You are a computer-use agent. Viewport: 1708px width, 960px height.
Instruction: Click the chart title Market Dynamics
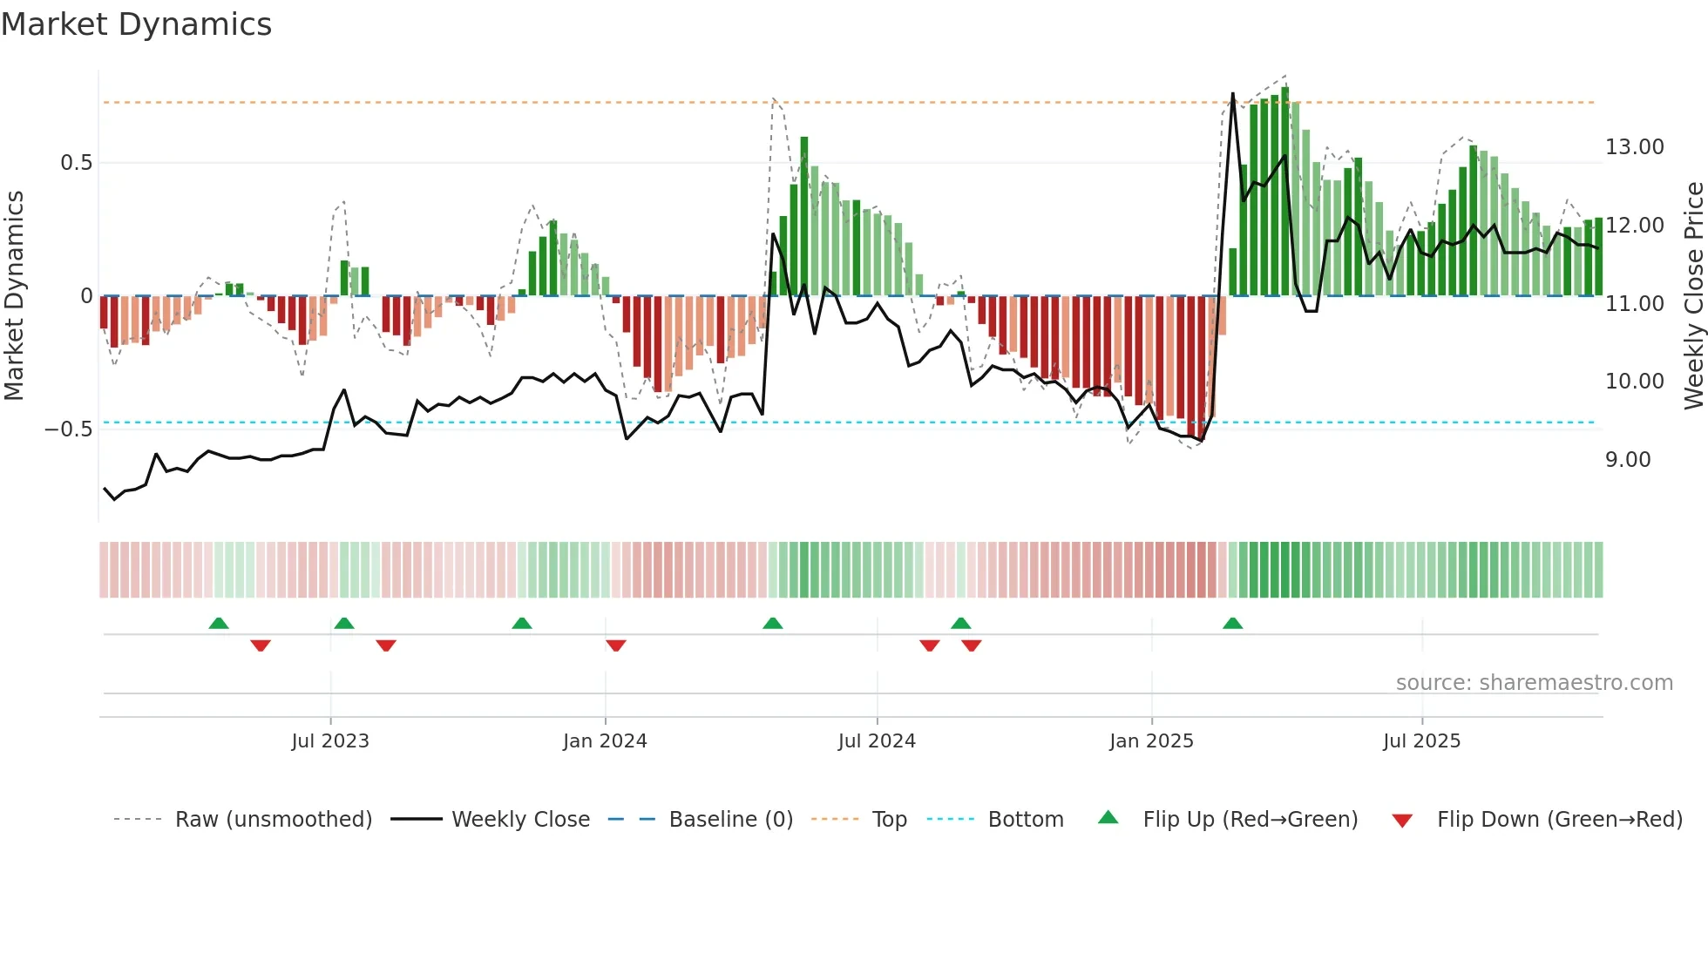(x=136, y=24)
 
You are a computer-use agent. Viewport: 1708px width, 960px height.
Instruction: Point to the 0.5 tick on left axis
(x=76, y=163)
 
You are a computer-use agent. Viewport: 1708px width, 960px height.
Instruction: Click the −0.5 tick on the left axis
(x=68, y=429)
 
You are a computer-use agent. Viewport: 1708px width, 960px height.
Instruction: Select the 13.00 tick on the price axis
(x=1634, y=147)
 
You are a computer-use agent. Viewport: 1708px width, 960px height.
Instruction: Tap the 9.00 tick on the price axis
(x=1627, y=460)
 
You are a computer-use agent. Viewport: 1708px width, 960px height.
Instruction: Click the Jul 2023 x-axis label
(x=330, y=741)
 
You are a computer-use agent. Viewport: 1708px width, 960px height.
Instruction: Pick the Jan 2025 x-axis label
(x=1151, y=741)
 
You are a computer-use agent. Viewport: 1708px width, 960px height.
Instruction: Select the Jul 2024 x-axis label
(x=877, y=741)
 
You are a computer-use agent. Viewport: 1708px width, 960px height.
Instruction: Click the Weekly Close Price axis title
(x=1693, y=296)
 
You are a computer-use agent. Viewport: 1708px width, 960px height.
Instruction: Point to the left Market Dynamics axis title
(x=14, y=296)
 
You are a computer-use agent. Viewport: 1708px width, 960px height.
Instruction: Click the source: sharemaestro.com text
(x=1534, y=683)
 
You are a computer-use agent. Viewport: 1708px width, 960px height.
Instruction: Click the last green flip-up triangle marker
(x=1232, y=624)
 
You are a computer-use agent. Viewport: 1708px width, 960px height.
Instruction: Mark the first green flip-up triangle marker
(x=219, y=624)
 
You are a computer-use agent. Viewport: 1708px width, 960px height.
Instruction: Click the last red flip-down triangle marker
(x=972, y=645)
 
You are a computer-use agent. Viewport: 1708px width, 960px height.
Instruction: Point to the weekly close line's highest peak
(x=1232, y=93)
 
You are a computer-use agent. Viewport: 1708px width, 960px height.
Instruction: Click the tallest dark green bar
(x=1284, y=192)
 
